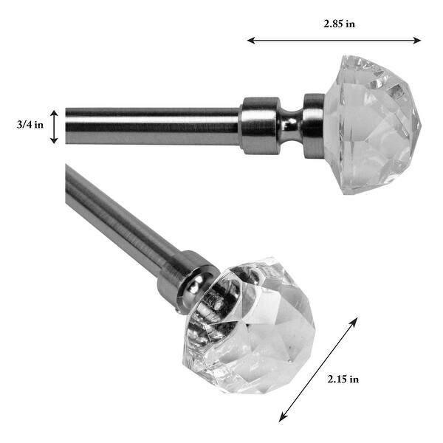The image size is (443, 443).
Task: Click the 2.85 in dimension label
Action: (x=339, y=24)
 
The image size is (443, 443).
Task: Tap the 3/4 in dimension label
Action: (x=29, y=125)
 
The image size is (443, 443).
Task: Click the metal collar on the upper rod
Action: (x=259, y=126)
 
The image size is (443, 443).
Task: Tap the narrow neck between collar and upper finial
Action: (x=291, y=126)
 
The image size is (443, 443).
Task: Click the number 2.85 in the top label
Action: (x=333, y=24)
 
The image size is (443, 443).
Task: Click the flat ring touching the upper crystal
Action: (x=313, y=126)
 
